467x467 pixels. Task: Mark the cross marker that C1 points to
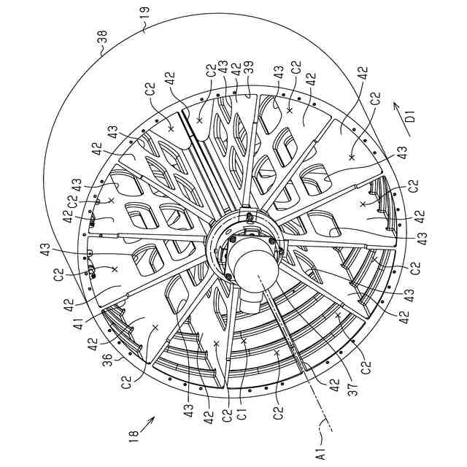244,341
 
